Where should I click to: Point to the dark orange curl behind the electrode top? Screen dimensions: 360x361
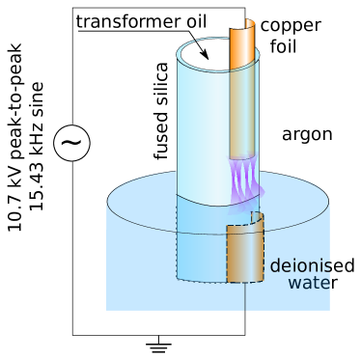pos(250,22)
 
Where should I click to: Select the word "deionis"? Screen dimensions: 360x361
pos(300,266)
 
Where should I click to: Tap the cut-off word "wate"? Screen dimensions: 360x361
pos(309,283)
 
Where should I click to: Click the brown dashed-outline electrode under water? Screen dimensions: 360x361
pos(244,254)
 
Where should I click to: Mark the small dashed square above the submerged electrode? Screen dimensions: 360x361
pos(256,217)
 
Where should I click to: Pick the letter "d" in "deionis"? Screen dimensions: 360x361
pos(275,266)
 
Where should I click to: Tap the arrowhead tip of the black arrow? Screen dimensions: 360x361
pos(208,58)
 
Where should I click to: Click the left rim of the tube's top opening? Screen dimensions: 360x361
pos(180,55)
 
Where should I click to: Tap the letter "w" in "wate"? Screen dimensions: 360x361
pos(294,283)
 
